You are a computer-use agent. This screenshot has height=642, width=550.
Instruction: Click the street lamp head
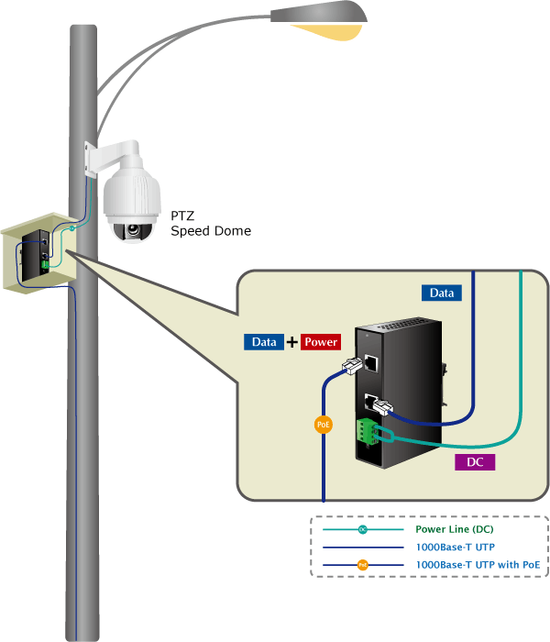pos(321,16)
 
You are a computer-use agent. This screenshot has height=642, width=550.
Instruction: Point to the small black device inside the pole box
pos(40,249)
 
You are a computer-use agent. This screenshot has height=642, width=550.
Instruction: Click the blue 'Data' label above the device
pos(441,293)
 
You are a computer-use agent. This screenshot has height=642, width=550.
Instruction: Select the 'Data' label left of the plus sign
pos(264,342)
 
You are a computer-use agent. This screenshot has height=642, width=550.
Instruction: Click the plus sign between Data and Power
pos(292,342)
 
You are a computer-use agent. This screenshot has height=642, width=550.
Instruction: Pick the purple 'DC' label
pos(475,462)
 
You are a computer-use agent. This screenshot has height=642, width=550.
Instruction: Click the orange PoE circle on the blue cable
pos(324,425)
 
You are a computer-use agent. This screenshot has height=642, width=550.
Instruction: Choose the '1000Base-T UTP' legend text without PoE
pos(449,547)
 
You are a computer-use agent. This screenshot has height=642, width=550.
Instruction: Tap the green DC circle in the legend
pos(362,530)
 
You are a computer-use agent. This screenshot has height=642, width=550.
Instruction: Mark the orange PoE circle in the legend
pos(362,565)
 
